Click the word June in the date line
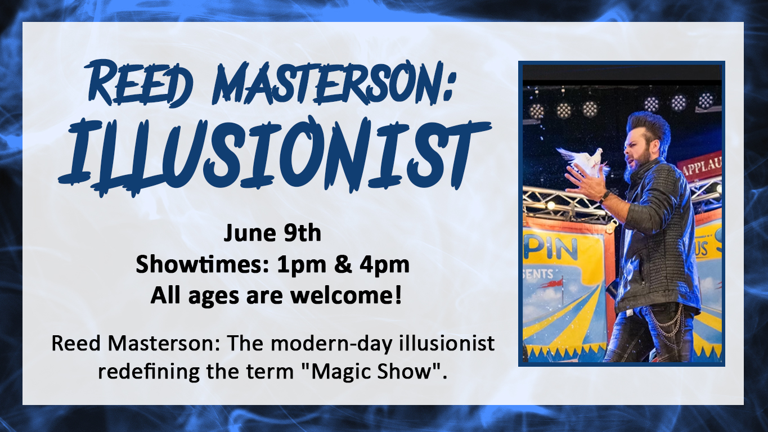point(250,232)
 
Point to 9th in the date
point(302,232)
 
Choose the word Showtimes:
point(202,264)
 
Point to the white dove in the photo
point(583,160)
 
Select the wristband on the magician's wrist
point(605,197)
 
